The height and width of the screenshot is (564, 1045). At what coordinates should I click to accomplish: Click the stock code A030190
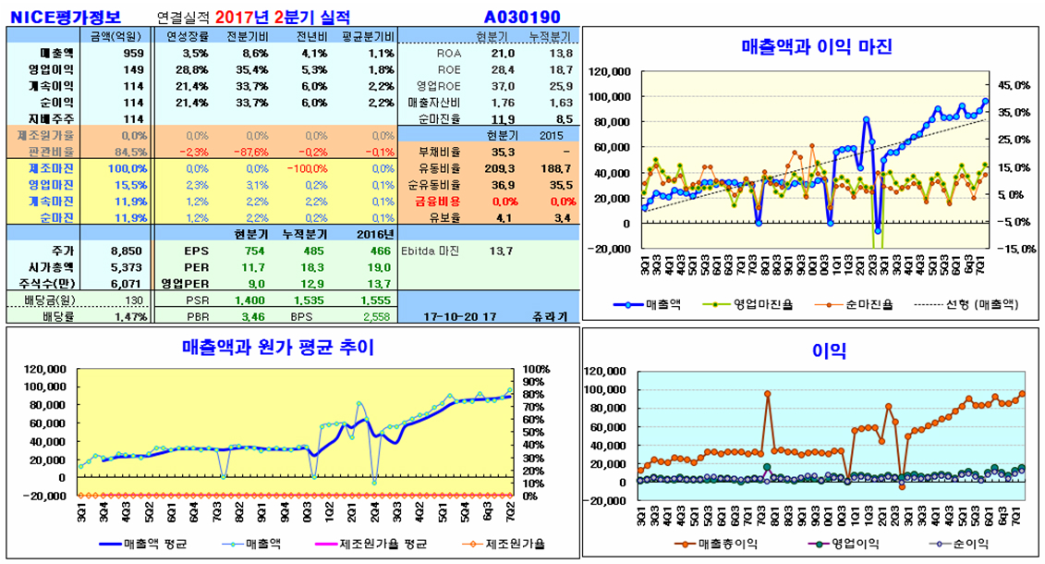(x=522, y=17)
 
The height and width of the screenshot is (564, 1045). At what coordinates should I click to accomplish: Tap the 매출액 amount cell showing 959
(x=133, y=53)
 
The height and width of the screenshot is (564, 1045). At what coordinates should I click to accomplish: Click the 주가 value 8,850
(x=127, y=251)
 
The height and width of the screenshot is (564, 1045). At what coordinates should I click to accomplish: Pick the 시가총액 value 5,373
(x=127, y=267)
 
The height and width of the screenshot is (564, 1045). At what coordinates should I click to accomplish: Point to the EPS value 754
(x=254, y=251)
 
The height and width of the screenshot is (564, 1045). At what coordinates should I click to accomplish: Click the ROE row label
(x=448, y=69)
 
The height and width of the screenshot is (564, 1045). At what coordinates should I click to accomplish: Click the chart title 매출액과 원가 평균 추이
(x=277, y=348)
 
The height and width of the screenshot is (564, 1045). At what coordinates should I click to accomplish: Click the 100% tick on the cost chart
(x=537, y=369)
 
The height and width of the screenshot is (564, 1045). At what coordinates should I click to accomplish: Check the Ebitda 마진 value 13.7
(x=500, y=251)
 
